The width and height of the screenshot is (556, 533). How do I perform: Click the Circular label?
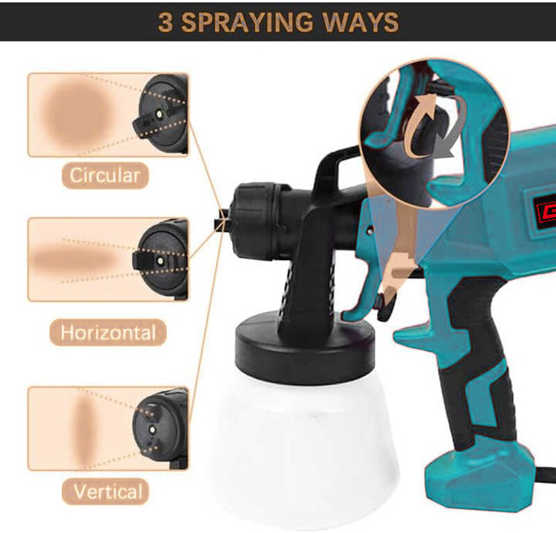[105, 176]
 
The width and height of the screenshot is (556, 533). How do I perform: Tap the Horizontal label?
[108, 333]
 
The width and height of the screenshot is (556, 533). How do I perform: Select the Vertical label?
[106, 491]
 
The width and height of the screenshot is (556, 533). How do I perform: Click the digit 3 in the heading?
[165, 22]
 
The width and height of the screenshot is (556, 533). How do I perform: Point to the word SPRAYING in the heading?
[247, 22]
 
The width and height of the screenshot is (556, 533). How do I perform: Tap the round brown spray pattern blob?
[79, 114]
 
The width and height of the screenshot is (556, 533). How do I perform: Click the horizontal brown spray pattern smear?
[76, 261]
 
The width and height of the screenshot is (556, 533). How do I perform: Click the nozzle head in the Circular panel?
[161, 114]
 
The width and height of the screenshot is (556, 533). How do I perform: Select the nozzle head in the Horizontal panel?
[161, 261]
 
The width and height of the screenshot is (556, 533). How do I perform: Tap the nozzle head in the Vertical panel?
[161, 429]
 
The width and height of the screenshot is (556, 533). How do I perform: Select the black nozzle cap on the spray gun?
[252, 220]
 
